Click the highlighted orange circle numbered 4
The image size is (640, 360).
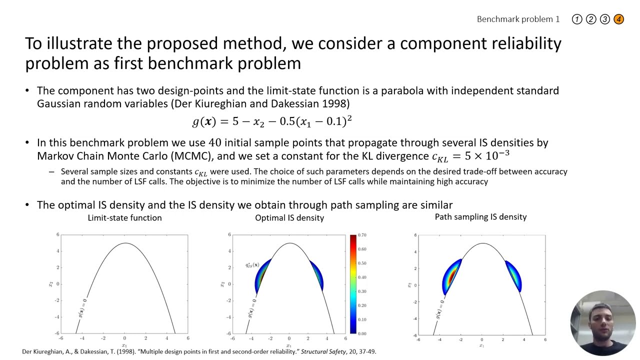click(x=618, y=19)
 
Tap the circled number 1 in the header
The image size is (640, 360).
click(x=577, y=19)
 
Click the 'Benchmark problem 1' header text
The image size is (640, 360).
click(x=518, y=19)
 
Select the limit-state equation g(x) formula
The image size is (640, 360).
click(x=272, y=121)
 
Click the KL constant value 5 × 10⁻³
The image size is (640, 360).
click(x=487, y=155)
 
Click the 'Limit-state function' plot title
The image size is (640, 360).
click(x=124, y=218)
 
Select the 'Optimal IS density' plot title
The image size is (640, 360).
click(x=289, y=218)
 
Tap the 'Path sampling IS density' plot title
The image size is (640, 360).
click(x=480, y=217)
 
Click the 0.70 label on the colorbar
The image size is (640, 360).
click(x=362, y=235)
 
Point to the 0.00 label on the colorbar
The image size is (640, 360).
click(x=362, y=333)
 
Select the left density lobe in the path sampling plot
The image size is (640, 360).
click(x=451, y=276)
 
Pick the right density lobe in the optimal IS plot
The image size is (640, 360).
click(x=316, y=275)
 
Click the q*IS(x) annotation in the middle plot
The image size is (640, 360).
click(x=252, y=265)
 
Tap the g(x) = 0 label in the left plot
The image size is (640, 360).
click(x=83, y=308)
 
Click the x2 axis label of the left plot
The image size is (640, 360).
click(x=50, y=284)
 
